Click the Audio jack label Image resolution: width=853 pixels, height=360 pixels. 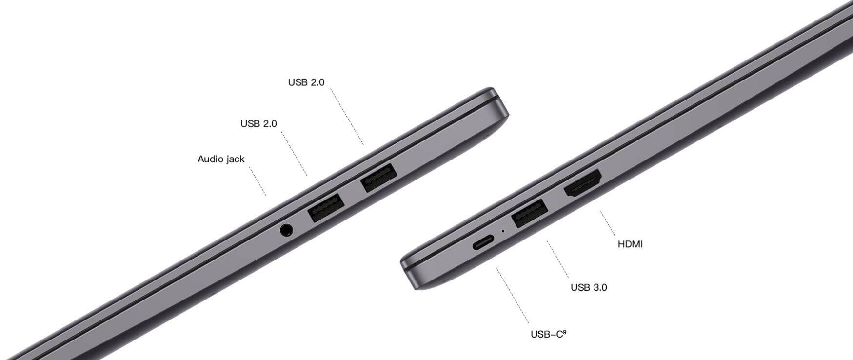221,159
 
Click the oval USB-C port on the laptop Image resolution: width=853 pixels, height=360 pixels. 483,242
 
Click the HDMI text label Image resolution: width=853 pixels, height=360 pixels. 630,244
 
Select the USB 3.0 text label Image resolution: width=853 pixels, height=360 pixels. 589,287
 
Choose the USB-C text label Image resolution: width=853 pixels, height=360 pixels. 548,335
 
